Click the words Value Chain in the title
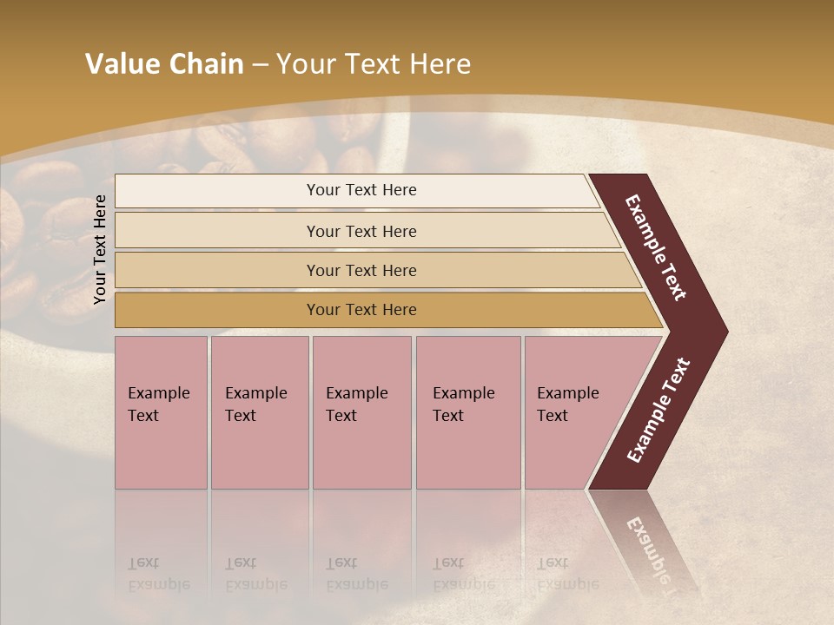point(164,64)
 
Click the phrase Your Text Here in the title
point(374,64)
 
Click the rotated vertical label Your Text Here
point(100,249)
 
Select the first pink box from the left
point(161,412)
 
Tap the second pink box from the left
point(259,412)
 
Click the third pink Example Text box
point(361,412)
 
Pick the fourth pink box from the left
point(467,412)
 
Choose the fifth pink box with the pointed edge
point(573,412)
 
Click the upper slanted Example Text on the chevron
point(656,247)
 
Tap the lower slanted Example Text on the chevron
point(659,410)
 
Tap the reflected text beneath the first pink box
point(158,574)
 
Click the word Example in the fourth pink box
point(463,393)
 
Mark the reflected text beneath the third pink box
point(356,574)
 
